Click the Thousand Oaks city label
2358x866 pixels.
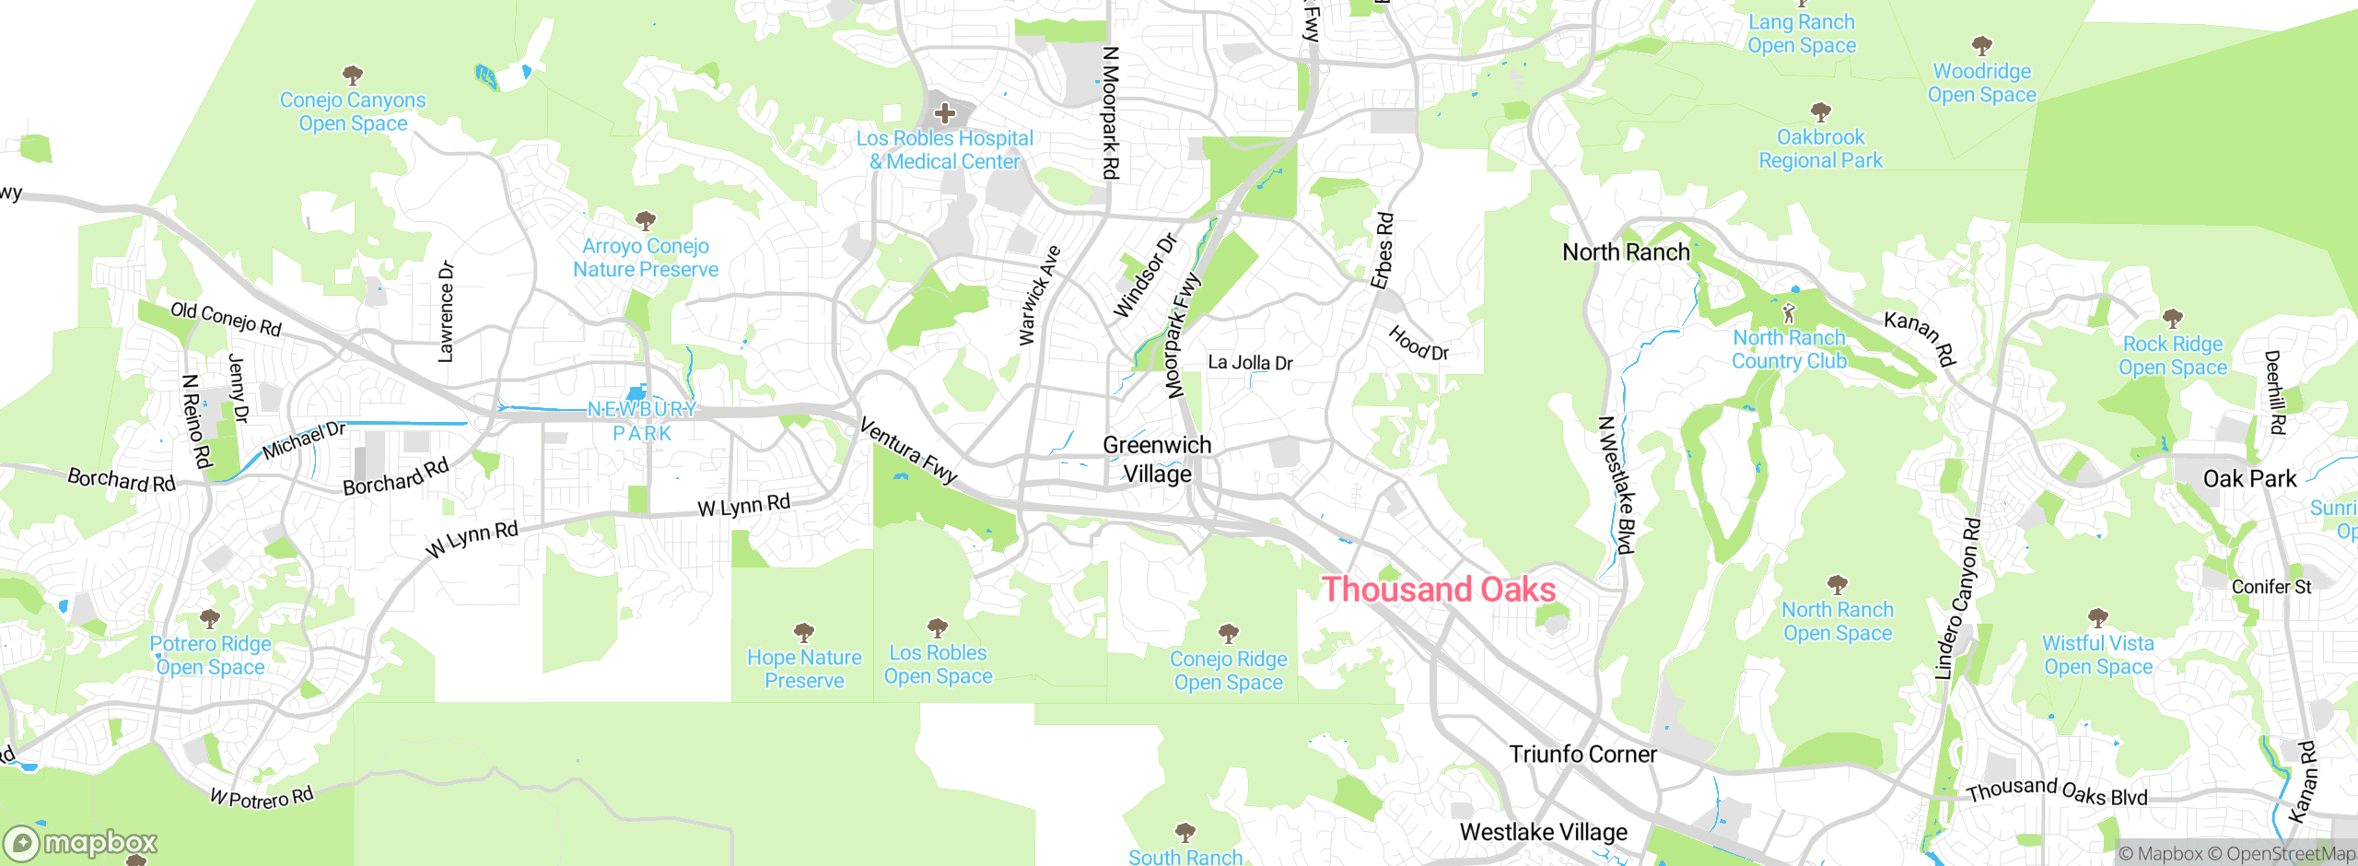click(x=1438, y=590)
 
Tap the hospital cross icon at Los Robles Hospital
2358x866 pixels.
click(x=944, y=114)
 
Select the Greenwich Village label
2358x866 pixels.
click(x=1157, y=460)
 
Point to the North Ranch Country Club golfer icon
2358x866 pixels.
click(x=1789, y=313)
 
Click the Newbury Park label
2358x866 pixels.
click(x=642, y=421)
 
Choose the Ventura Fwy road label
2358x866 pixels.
click(x=908, y=451)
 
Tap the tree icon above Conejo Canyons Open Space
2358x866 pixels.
click(x=352, y=74)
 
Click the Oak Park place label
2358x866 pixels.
click(x=2249, y=479)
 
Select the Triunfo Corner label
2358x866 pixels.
click(x=1582, y=755)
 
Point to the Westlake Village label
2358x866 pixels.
click(x=1543, y=833)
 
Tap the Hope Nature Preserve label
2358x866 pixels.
click(x=804, y=669)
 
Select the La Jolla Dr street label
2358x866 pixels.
click(x=1250, y=363)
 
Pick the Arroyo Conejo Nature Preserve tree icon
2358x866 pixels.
click(x=645, y=220)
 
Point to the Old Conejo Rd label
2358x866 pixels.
click(x=226, y=319)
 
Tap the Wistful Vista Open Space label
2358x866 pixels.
click(x=2097, y=655)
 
